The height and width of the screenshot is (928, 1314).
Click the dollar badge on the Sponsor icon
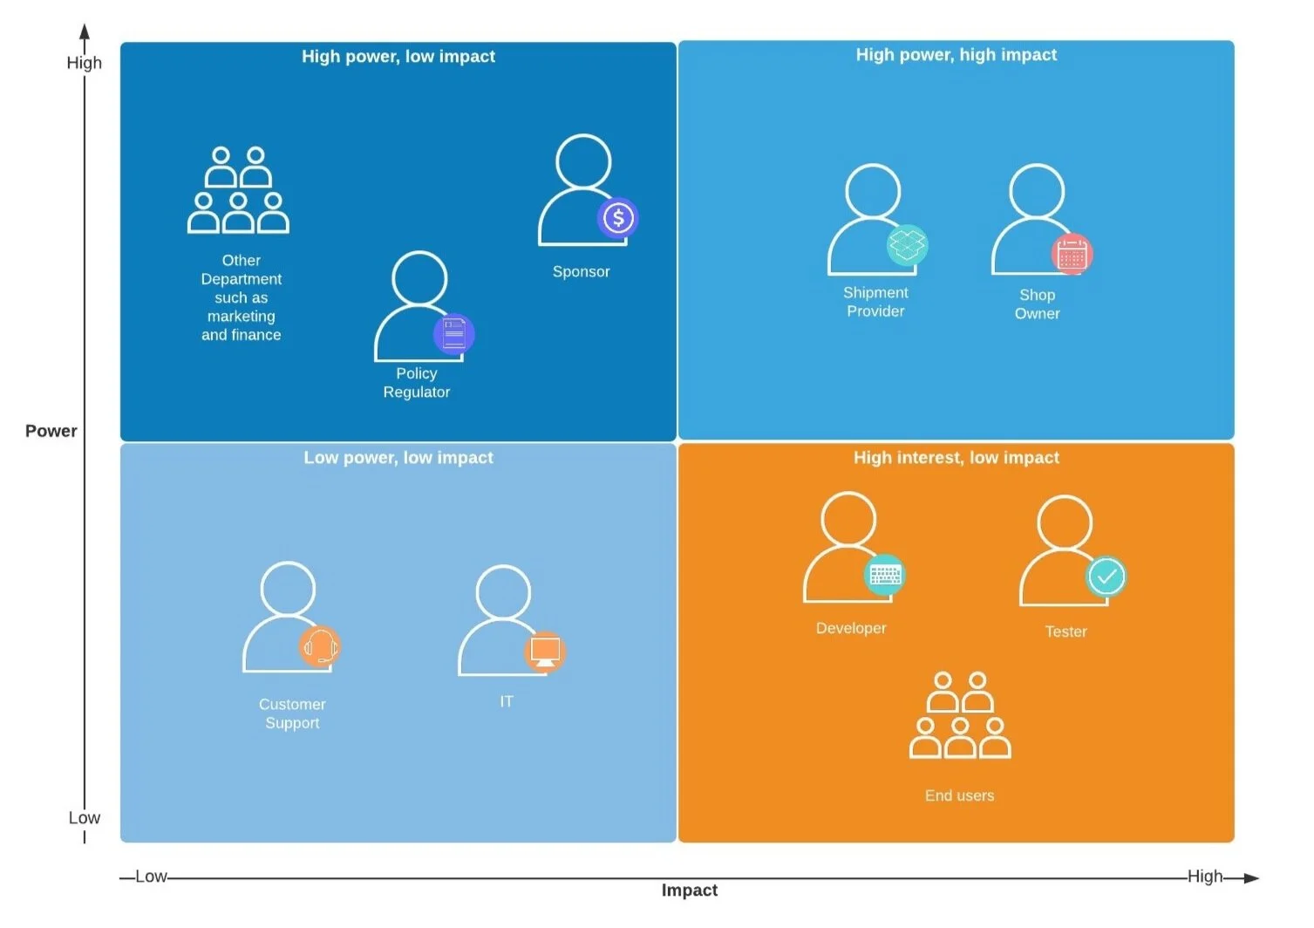618,218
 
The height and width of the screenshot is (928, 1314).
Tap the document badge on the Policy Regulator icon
453,333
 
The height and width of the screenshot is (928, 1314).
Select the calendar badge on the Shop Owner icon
1072,255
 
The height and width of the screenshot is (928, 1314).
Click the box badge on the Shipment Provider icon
907,246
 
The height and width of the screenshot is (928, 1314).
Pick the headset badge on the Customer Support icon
319,646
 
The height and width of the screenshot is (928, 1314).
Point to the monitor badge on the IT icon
545,652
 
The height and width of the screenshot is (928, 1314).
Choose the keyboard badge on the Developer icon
884,575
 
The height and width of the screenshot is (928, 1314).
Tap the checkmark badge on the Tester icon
1106,577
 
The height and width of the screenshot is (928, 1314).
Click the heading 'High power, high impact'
956,55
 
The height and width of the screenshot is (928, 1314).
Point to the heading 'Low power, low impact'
398,458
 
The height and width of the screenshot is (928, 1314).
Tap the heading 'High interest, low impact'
956,458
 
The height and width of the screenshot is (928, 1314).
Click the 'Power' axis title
51,431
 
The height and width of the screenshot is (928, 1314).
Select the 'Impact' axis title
689,890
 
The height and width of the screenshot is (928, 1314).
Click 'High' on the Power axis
84,63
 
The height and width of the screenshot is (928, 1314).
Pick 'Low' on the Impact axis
151,877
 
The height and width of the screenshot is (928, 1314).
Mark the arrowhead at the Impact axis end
1251,878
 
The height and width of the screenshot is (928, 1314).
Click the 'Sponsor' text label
581,272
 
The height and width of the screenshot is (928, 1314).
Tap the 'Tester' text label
1065,631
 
